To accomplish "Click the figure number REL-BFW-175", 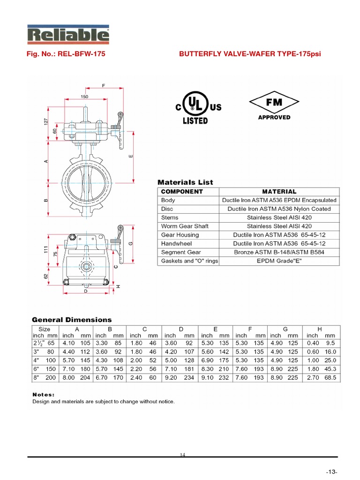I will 65,54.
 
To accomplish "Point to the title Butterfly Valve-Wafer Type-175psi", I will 250,54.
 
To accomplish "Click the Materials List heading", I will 185,182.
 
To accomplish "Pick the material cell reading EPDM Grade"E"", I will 279,261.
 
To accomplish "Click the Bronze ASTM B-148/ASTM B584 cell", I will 279,252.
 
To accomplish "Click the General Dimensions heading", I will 72,320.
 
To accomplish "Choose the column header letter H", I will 320,329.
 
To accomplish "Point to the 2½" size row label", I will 37,343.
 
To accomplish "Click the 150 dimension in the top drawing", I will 84,97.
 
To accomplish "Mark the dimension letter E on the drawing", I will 130,156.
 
